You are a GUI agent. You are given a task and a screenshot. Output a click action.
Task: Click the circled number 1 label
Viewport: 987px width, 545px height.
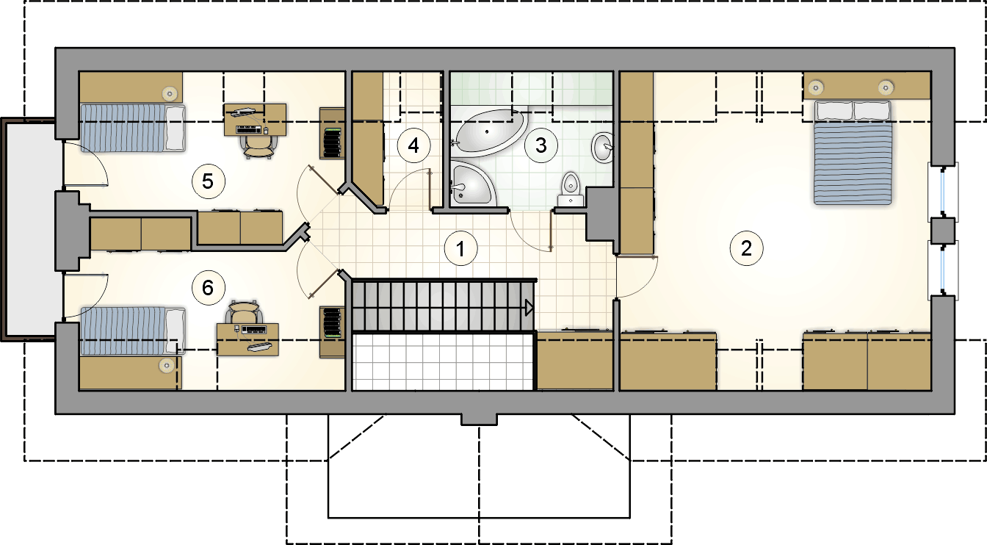pyautogui.click(x=460, y=248)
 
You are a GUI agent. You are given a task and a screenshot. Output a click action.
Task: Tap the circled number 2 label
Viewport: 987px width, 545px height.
pyautogui.click(x=746, y=248)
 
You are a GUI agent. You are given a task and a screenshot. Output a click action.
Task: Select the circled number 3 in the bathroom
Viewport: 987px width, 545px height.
pyautogui.click(x=541, y=145)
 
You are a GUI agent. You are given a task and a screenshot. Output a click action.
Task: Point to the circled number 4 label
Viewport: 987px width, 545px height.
pyautogui.click(x=413, y=145)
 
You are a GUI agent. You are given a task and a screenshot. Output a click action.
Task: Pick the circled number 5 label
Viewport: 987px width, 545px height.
pyautogui.click(x=208, y=181)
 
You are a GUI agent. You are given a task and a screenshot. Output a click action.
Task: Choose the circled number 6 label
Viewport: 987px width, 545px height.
pyautogui.click(x=208, y=288)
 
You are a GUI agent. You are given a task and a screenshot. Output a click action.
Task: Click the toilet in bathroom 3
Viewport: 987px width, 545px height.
pyautogui.click(x=571, y=190)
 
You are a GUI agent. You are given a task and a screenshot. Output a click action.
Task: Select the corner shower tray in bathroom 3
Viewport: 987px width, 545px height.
pyautogui.click(x=472, y=184)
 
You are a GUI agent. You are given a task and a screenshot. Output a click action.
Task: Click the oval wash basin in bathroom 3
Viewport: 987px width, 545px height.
pyautogui.click(x=602, y=147)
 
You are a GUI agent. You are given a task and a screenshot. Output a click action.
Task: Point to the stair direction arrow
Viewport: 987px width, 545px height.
pyautogui.click(x=529, y=308)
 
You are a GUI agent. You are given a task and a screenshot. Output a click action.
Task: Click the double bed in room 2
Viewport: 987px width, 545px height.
pyautogui.click(x=853, y=153)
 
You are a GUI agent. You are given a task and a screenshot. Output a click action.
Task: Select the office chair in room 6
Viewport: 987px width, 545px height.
pyautogui.click(x=243, y=312)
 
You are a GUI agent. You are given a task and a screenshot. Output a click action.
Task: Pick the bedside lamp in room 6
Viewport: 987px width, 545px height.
pyautogui.click(x=167, y=365)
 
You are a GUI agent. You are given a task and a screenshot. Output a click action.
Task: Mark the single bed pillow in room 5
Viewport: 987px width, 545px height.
pyautogui.click(x=175, y=128)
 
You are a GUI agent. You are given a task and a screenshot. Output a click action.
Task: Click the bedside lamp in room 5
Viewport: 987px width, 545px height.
pyautogui.click(x=170, y=93)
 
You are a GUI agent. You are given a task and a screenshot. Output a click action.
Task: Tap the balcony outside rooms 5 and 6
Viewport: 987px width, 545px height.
pyautogui.click(x=30, y=230)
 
